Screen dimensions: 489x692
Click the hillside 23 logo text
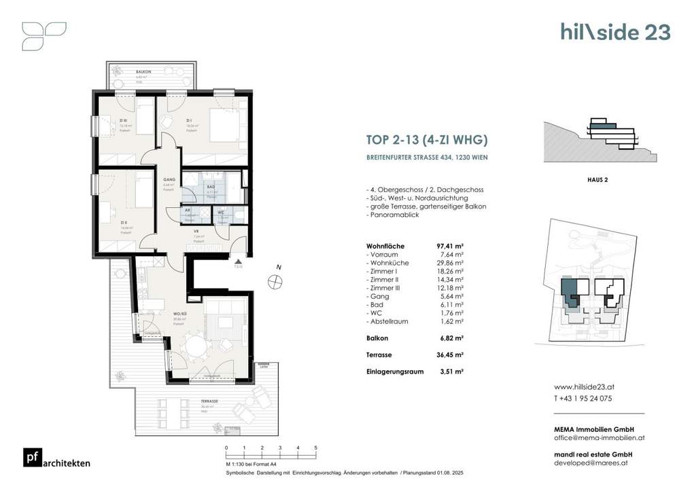pos(615,32)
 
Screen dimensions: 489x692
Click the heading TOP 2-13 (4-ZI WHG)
pos(427,141)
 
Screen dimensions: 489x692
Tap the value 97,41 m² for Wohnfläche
pos(449,245)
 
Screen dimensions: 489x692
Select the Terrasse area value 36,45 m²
pos(449,355)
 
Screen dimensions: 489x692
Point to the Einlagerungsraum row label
pos(395,372)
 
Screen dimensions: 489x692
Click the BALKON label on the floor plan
pos(143,72)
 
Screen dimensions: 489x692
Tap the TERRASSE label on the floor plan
pos(209,401)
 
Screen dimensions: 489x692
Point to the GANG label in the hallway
pos(169,179)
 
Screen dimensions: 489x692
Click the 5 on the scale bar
pos(315,448)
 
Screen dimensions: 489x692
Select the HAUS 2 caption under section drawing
pos(596,179)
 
